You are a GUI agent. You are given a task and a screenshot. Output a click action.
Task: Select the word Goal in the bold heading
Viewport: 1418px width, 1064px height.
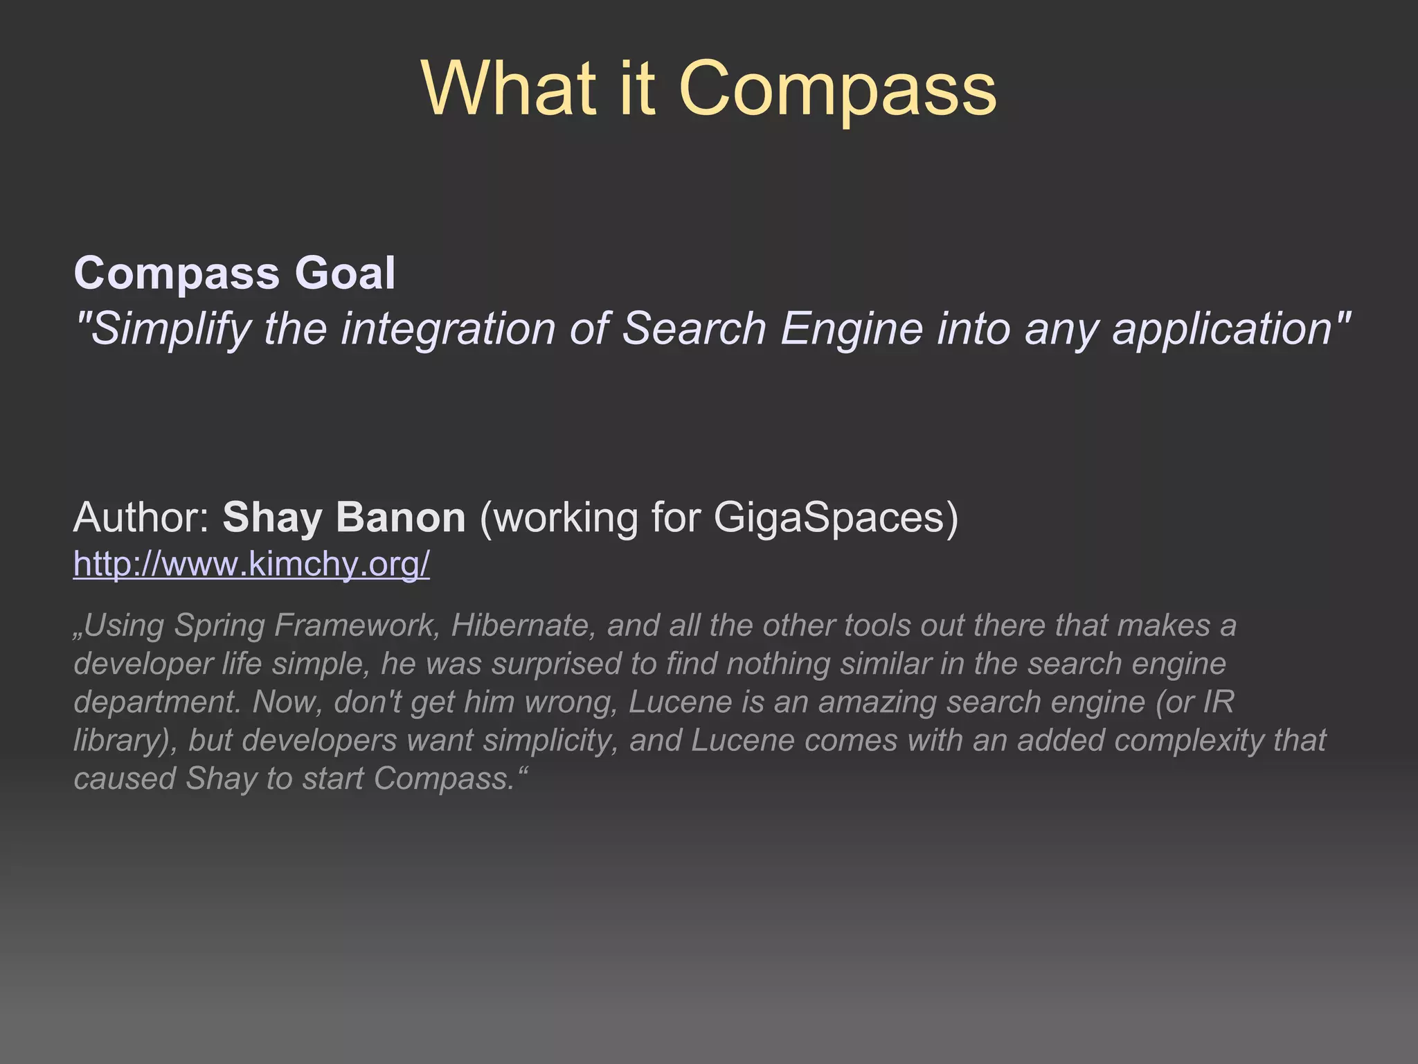(x=345, y=273)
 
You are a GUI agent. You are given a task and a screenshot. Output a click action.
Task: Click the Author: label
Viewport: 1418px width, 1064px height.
(x=142, y=517)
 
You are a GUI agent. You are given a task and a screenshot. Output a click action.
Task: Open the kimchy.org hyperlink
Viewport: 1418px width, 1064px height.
(x=251, y=565)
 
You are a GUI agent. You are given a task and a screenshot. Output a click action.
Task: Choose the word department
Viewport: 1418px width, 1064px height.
(x=157, y=702)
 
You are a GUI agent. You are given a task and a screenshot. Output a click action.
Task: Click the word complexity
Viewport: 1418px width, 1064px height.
(x=1188, y=741)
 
